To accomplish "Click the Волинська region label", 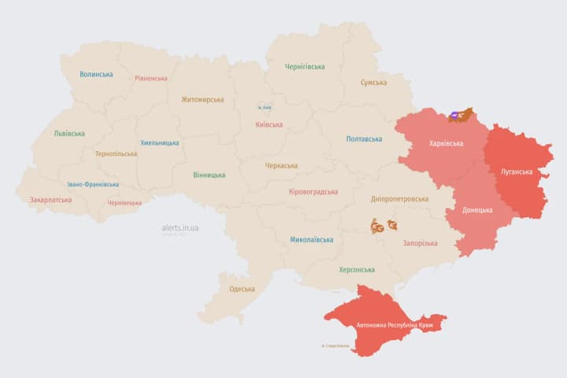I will [96, 75].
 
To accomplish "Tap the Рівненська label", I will [150, 79].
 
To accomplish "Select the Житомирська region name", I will [202, 100].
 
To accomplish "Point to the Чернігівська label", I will [305, 67].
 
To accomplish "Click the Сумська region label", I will [373, 83].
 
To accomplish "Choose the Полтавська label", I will [365, 139].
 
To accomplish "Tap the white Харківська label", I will [446, 144].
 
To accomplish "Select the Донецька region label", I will [477, 210].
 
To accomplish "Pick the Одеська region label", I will [242, 289].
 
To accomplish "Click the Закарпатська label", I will [50, 200].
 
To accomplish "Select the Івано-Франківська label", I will [93, 184].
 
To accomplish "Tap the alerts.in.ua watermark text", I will [180, 228].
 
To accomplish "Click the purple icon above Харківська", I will [455, 117].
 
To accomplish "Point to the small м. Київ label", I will [265, 108].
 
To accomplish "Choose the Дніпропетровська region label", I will [401, 200].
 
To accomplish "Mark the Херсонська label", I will [356, 269].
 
